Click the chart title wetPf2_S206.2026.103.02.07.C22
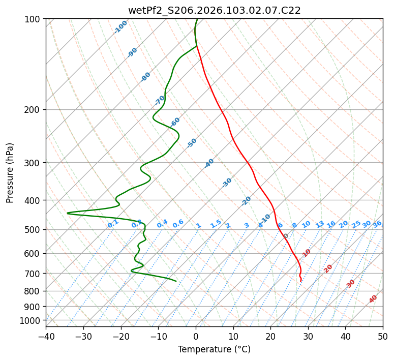point(214,10)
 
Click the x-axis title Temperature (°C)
point(214,350)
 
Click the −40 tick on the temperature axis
point(46,336)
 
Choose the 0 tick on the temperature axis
point(196,336)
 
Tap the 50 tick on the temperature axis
point(383,336)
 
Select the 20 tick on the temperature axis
point(270,336)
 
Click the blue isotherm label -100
point(121,26)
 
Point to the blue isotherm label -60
point(175,122)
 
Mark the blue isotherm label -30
point(227,182)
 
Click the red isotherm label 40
point(373,299)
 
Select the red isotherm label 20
point(328,268)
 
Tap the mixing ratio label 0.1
point(113,223)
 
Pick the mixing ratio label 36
point(377,224)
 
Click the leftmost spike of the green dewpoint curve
point(68,213)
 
